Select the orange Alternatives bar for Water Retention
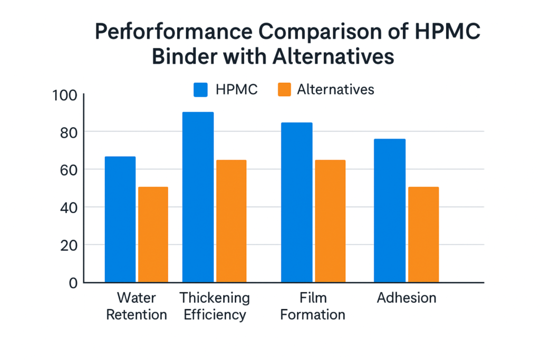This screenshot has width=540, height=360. pyautogui.click(x=153, y=235)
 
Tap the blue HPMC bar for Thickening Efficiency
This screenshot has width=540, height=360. pyautogui.click(x=198, y=197)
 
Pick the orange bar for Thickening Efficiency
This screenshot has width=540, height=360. pyautogui.click(x=231, y=221)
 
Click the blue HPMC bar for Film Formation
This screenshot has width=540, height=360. pyautogui.click(x=296, y=202)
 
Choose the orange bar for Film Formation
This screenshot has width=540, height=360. pyautogui.click(x=330, y=221)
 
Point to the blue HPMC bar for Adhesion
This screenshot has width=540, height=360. pyautogui.click(x=390, y=210)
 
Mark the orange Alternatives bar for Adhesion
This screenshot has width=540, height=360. pyautogui.click(x=423, y=235)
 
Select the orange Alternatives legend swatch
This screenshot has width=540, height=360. pyautogui.click(x=284, y=90)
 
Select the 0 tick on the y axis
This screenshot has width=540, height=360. pyautogui.click(x=73, y=283)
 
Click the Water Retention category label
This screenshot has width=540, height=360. pyautogui.click(x=137, y=306)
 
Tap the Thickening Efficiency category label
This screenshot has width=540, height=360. pyautogui.click(x=214, y=306)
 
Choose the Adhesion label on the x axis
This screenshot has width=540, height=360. pyautogui.click(x=407, y=298)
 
